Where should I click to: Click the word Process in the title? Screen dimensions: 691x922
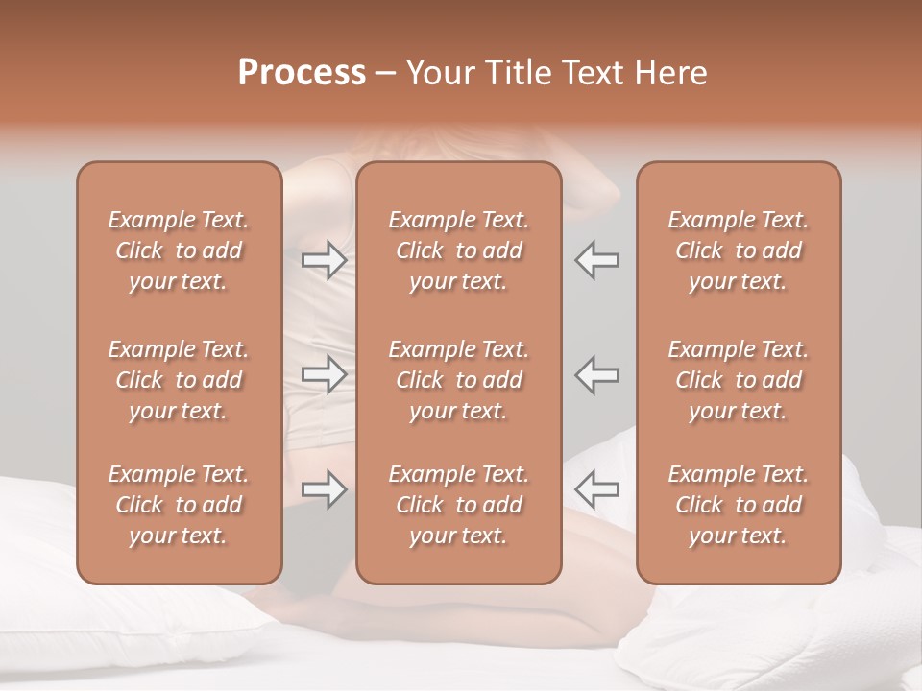[x=302, y=73]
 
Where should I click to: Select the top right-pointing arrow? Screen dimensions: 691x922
[x=324, y=260]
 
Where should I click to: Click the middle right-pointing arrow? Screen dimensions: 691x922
[x=324, y=374]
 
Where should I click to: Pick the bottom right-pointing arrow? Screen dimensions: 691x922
[x=324, y=489]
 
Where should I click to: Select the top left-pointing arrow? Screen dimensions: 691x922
[x=597, y=260]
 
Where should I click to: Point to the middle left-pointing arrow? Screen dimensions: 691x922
[x=597, y=374]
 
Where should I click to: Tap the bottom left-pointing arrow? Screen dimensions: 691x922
[x=597, y=489]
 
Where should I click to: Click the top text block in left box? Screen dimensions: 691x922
[x=179, y=250]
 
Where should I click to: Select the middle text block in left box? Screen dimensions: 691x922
[x=179, y=380]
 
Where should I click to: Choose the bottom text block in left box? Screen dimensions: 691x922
[x=179, y=505]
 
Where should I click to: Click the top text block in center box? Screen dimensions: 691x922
[x=458, y=250]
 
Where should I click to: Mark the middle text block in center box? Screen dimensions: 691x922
[x=458, y=380]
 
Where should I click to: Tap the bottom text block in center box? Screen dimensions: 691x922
[x=458, y=505]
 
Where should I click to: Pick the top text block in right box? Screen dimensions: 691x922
[x=739, y=250]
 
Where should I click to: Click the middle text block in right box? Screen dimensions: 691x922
[x=739, y=380]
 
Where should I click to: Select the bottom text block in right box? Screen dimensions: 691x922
[x=739, y=505]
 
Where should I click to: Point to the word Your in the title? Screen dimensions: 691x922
[x=439, y=73]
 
